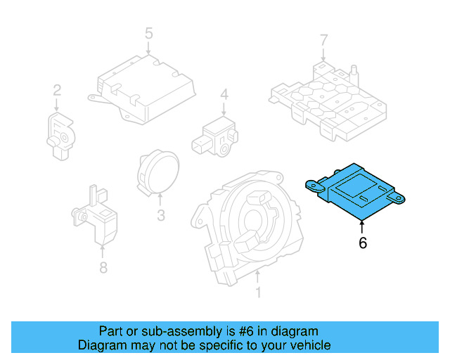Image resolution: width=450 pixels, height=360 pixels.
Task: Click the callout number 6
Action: pos(363,243)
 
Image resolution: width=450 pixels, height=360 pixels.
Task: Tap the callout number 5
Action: pos(148,32)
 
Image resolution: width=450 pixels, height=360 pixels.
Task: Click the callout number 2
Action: pos(57,90)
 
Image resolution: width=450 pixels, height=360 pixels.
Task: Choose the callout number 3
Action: pos(160,215)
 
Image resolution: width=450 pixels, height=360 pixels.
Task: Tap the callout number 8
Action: pos(103,267)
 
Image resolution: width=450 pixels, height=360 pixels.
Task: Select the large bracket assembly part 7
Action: pos(327,98)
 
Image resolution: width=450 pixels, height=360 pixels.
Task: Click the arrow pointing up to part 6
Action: pos(363,226)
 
